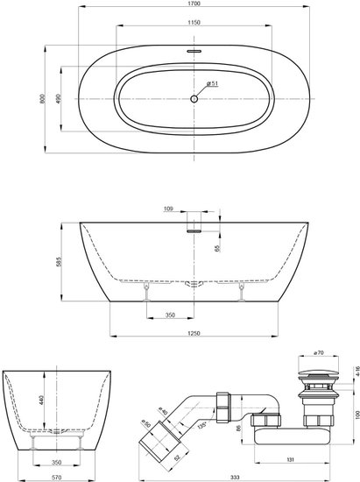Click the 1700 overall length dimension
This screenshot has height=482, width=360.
click(194, 4)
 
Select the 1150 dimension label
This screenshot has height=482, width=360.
click(194, 22)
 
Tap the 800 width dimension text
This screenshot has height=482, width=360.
click(42, 99)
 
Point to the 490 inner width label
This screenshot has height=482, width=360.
click(59, 99)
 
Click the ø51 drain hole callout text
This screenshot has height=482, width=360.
click(213, 83)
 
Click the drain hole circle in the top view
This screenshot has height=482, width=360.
click(194, 99)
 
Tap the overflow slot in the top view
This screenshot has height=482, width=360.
click(194, 51)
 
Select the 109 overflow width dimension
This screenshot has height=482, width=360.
click(168, 209)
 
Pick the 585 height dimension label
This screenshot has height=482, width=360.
click(59, 261)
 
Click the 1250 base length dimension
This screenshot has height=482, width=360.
click(194, 333)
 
